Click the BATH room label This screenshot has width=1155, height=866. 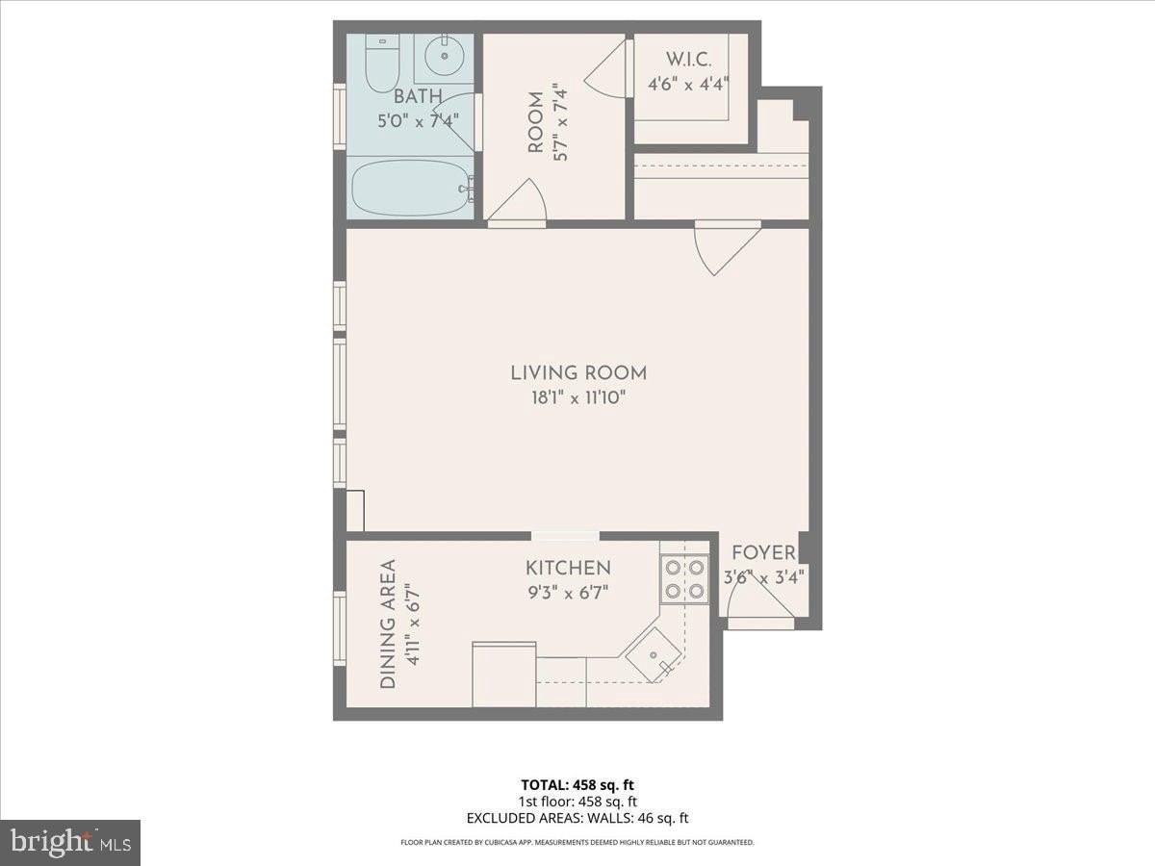pos(418,96)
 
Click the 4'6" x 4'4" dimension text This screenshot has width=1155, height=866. pos(689,84)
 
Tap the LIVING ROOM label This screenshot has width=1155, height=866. pos(577,372)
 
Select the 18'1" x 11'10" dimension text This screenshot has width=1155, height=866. pos(577,397)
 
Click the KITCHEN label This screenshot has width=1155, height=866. pos(567,568)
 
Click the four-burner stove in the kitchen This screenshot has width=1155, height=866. pos(684,579)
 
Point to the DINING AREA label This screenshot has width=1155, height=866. pos(388,624)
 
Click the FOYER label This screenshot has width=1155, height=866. pos(763,552)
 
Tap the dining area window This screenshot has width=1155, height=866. pos(340,627)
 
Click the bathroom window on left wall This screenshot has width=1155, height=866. pos(340,115)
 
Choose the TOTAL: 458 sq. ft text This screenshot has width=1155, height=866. pos(577,783)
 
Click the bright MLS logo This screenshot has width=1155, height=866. pos(70,842)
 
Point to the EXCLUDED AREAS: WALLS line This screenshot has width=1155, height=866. pos(577,818)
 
